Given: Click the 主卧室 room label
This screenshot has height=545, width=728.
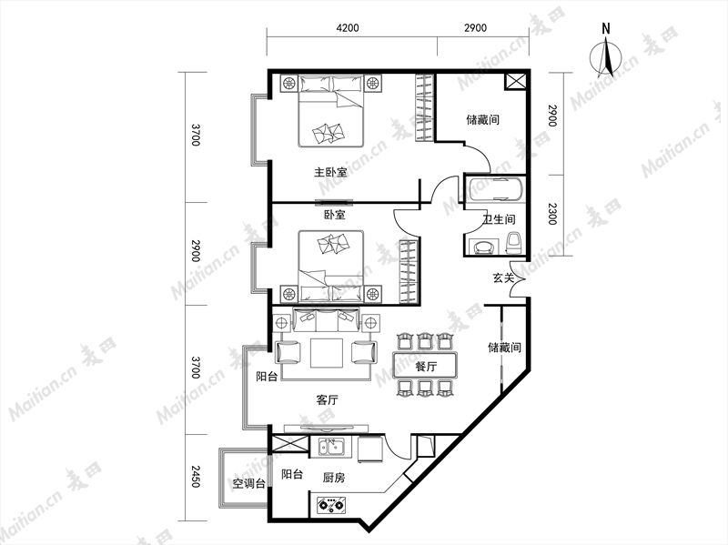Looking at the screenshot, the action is (330, 172).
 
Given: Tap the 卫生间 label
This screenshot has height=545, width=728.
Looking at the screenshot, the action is (499, 219).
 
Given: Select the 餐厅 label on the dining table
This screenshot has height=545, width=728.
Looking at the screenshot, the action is (426, 367).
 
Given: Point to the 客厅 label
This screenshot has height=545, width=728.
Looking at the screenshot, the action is (327, 399).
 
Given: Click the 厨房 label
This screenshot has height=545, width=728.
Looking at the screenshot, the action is (333, 478).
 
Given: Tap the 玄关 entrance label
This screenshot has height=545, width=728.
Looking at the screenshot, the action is (503, 278).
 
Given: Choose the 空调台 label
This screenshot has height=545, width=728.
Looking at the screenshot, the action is (248, 484).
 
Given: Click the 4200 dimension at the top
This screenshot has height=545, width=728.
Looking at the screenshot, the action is (348, 28).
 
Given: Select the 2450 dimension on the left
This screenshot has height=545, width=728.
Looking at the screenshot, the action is (195, 476).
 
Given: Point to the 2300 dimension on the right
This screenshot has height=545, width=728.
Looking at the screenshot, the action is (551, 214).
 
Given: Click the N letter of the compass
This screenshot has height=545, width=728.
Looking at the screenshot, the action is (606, 29).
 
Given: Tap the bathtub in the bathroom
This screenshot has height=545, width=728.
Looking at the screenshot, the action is (495, 189).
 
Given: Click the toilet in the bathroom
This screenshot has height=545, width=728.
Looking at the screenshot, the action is (513, 242).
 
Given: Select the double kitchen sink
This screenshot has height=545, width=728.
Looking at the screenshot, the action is (331, 447).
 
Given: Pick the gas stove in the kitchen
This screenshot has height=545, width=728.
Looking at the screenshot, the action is (331, 505).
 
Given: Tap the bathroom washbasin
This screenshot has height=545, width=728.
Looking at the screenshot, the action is (484, 247).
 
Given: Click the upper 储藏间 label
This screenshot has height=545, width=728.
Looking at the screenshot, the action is (483, 120).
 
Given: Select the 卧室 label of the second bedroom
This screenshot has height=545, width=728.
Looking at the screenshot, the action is (334, 215).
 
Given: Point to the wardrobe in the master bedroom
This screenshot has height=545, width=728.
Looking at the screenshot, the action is (424, 107).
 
